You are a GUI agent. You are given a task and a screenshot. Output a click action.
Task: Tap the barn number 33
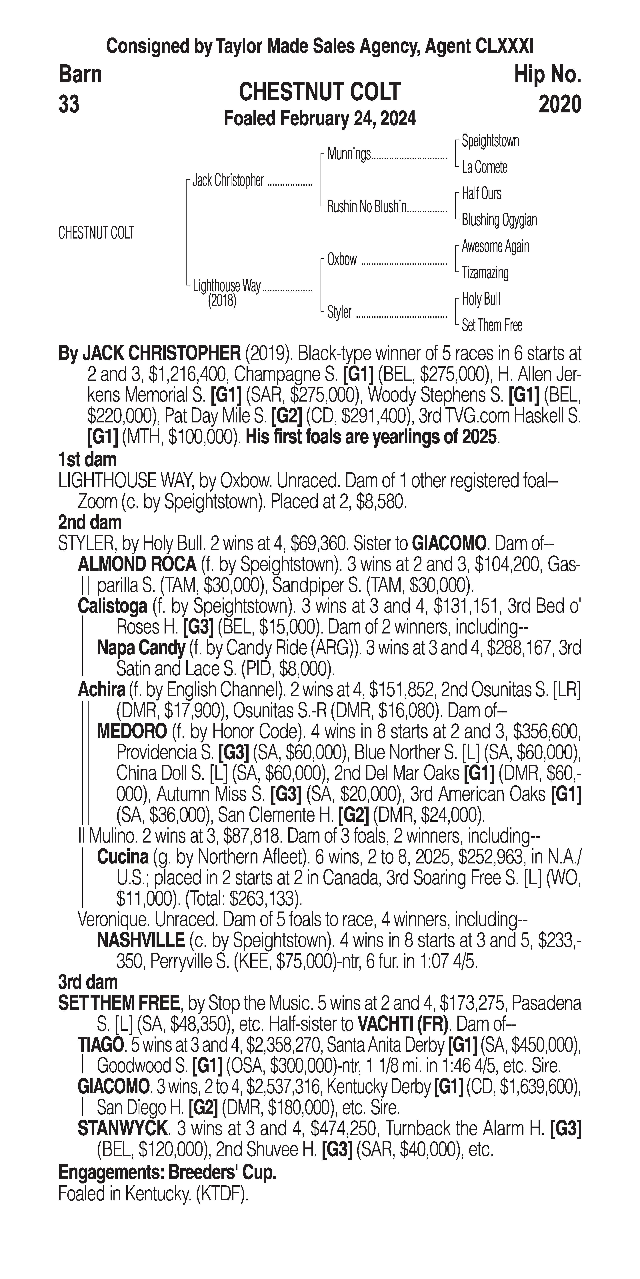pos(69,105)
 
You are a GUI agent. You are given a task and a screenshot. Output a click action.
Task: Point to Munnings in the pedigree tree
pos(349,154)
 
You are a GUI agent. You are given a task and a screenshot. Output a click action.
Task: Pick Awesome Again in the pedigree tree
pos(495,246)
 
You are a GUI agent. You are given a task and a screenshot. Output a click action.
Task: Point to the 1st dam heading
pos(87,459)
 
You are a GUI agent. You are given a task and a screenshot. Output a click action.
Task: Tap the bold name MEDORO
pos(132,731)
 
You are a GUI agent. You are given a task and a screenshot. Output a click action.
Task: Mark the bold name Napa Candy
pos(141,648)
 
